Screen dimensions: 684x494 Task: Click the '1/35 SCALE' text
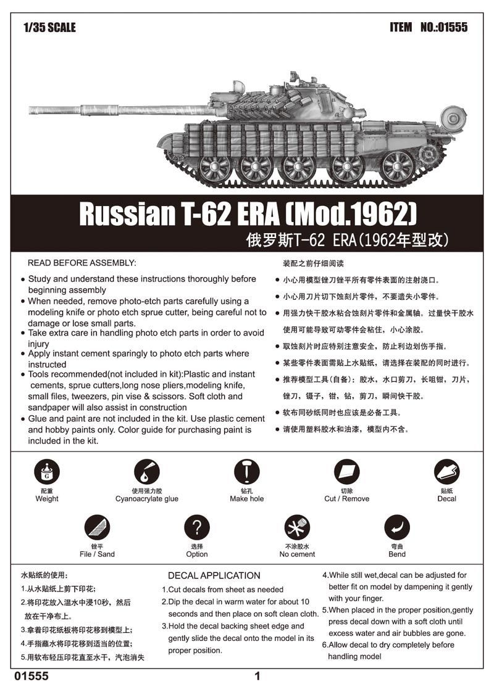(x=49, y=28)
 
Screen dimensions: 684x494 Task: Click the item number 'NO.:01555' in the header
(x=443, y=28)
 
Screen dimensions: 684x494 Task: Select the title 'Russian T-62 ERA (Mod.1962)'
(x=247, y=213)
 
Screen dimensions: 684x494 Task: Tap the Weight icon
(x=47, y=472)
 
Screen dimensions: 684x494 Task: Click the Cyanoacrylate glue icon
(x=146, y=472)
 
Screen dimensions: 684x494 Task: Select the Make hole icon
(x=246, y=472)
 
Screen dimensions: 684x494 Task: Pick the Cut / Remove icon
(x=346, y=472)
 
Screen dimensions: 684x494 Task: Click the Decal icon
(x=446, y=472)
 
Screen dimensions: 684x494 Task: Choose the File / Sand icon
(x=97, y=528)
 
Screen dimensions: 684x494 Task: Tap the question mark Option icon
(x=197, y=528)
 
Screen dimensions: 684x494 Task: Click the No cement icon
(x=297, y=528)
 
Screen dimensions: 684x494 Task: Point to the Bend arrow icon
(x=396, y=528)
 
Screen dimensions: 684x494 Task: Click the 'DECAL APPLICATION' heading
(x=214, y=575)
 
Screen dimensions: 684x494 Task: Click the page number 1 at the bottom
(x=257, y=676)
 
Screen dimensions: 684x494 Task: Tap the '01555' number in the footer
(x=34, y=676)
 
